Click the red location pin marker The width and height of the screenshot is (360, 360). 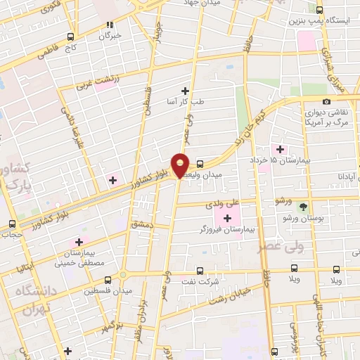click(x=181, y=165)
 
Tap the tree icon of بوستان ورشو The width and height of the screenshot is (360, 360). click(x=303, y=207)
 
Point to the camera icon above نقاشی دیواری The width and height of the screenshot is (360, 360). click(x=326, y=102)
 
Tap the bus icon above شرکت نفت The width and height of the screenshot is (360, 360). click(x=200, y=270)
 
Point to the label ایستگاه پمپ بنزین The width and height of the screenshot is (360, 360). click(x=325, y=20)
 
